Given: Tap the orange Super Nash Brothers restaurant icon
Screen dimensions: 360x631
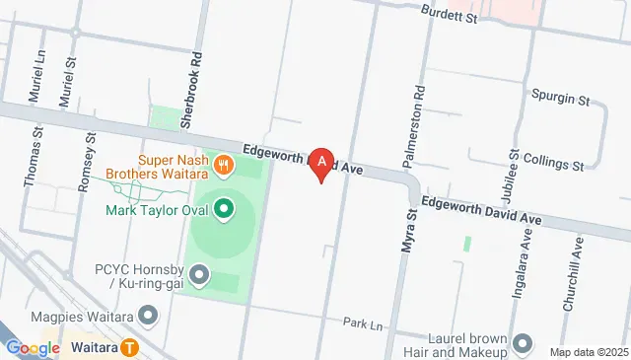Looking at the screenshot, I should pyautogui.click(x=225, y=165).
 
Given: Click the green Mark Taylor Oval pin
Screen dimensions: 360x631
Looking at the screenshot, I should pyautogui.click(x=224, y=209).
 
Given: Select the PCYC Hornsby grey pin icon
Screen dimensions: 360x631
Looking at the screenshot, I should pyautogui.click(x=201, y=274).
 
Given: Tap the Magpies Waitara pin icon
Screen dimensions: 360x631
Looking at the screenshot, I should pyautogui.click(x=148, y=316).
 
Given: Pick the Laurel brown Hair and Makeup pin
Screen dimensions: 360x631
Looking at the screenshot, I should pyautogui.click(x=522, y=343).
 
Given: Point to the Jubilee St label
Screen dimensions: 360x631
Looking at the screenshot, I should pyautogui.click(x=514, y=167).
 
